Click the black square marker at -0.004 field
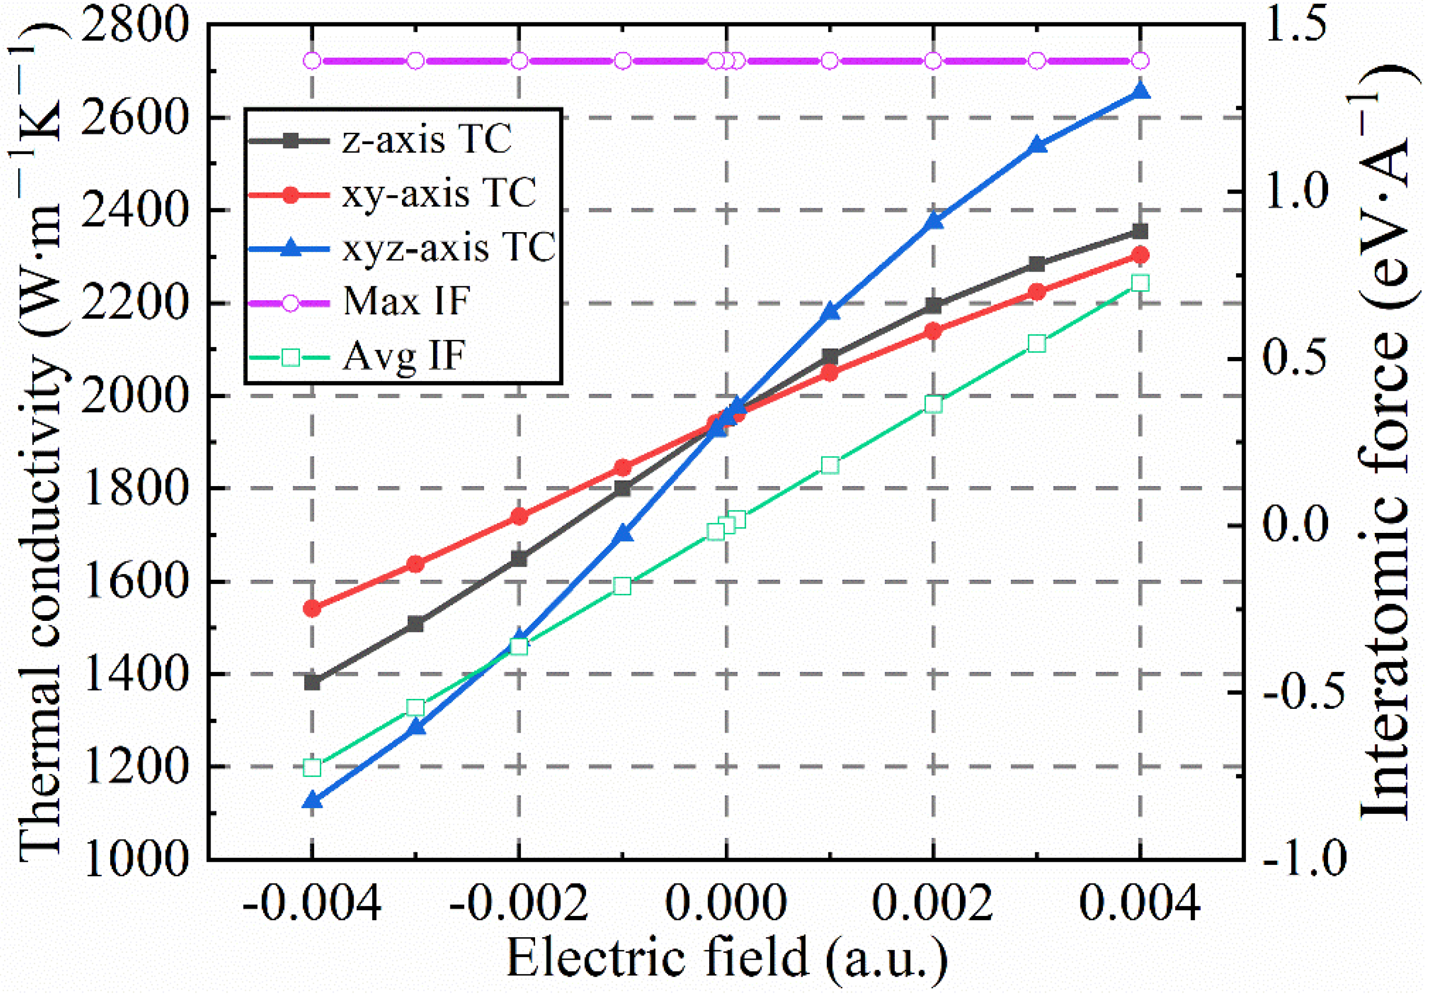pyautogui.click(x=312, y=682)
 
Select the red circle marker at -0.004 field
pyautogui.click(x=312, y=608)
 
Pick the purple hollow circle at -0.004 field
pyautogui.click(x=312, y=60)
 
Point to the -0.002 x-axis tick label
pyautogui.click(x=518, y=903)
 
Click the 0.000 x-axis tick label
pyautogui.click(x=726, y=903)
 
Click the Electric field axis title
pyautogui.click(x=726, y=960)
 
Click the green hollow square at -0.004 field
pyautogui.click(x=312, y=767)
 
